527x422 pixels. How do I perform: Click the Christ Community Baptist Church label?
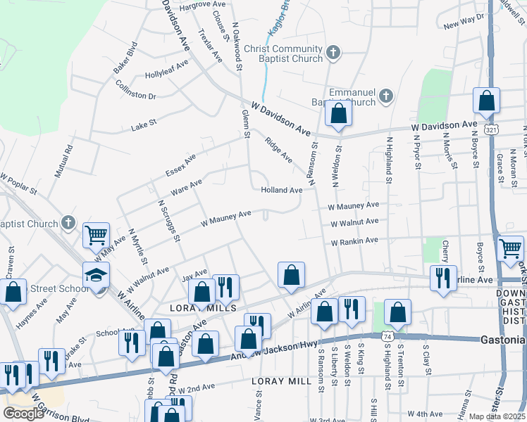pyautogui.click(x=283, y=54)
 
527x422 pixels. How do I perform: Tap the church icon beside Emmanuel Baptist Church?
pyautogui.click(x=385, y=96)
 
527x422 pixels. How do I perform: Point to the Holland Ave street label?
pyautogui.click(x=282, y=190)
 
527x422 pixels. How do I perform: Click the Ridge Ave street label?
pyautogui.click(x=279, y=149)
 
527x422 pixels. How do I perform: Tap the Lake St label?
pyautogui.click(x=144, y=127)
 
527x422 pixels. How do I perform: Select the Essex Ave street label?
pyautogui.click(x=180, y=164)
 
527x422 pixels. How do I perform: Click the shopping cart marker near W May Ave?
pyautogui.click(x=96, y=235)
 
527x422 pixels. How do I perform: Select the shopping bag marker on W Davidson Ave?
pyautogui.click(x=338, y=113)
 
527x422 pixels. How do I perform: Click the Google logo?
pyautogui.click(x=23, y=413)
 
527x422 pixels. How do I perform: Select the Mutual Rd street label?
pyautogui.click(x=69, y=160)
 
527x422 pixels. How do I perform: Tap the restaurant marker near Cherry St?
pyautogui.click(x=443, y=277)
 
